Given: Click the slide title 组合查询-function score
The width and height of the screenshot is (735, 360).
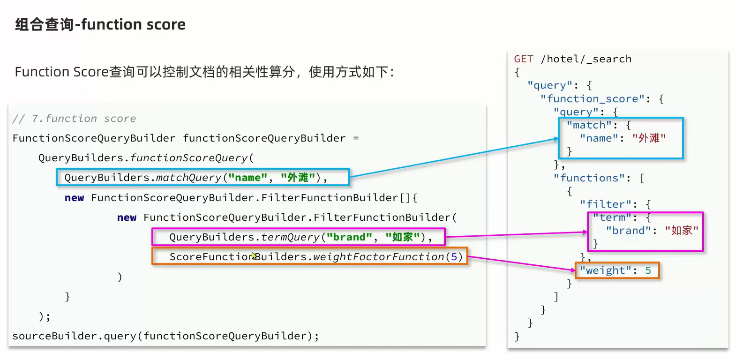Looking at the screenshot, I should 100,24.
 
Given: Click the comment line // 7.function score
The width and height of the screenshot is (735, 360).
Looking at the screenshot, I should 74,119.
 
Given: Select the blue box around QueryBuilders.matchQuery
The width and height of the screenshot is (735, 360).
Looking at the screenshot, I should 202,178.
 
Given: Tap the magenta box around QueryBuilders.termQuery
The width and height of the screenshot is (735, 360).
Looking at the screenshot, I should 298,237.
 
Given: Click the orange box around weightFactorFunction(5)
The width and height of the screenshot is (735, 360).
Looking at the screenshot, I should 309,257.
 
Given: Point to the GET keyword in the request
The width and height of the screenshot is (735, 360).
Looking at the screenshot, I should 524,59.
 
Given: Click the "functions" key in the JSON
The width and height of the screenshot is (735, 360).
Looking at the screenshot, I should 582,178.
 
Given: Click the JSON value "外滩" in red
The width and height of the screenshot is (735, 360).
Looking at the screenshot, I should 649,138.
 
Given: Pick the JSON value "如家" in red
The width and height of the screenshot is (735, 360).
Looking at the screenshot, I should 682,231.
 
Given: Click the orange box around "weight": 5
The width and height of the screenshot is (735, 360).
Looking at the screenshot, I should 617,271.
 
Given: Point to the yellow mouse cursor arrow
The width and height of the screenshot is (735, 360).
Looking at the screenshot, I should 254,255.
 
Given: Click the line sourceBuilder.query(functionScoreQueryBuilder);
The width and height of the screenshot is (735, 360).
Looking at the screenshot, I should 165,336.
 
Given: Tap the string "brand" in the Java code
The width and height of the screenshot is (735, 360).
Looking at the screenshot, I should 347,237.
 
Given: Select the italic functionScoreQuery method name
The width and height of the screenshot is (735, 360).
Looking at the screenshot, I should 188,158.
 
